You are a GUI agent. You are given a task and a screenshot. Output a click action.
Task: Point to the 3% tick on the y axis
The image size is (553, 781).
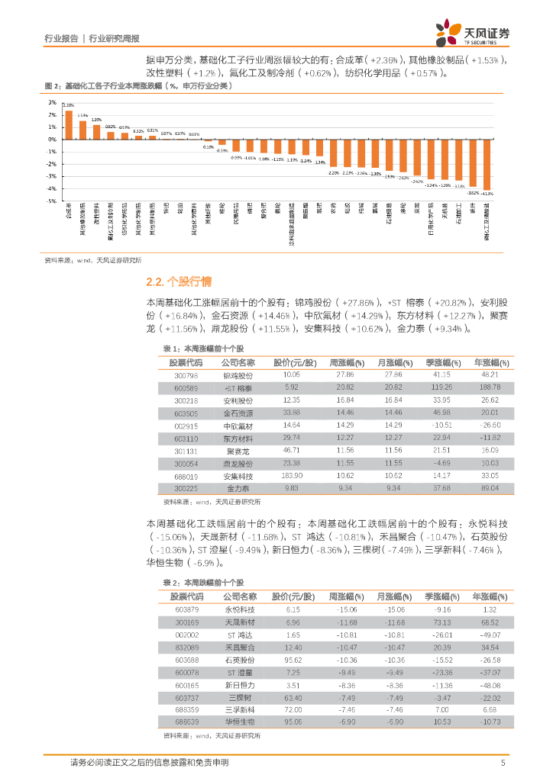point(53,102)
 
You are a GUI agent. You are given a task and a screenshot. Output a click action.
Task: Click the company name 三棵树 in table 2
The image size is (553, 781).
point(239,697)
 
